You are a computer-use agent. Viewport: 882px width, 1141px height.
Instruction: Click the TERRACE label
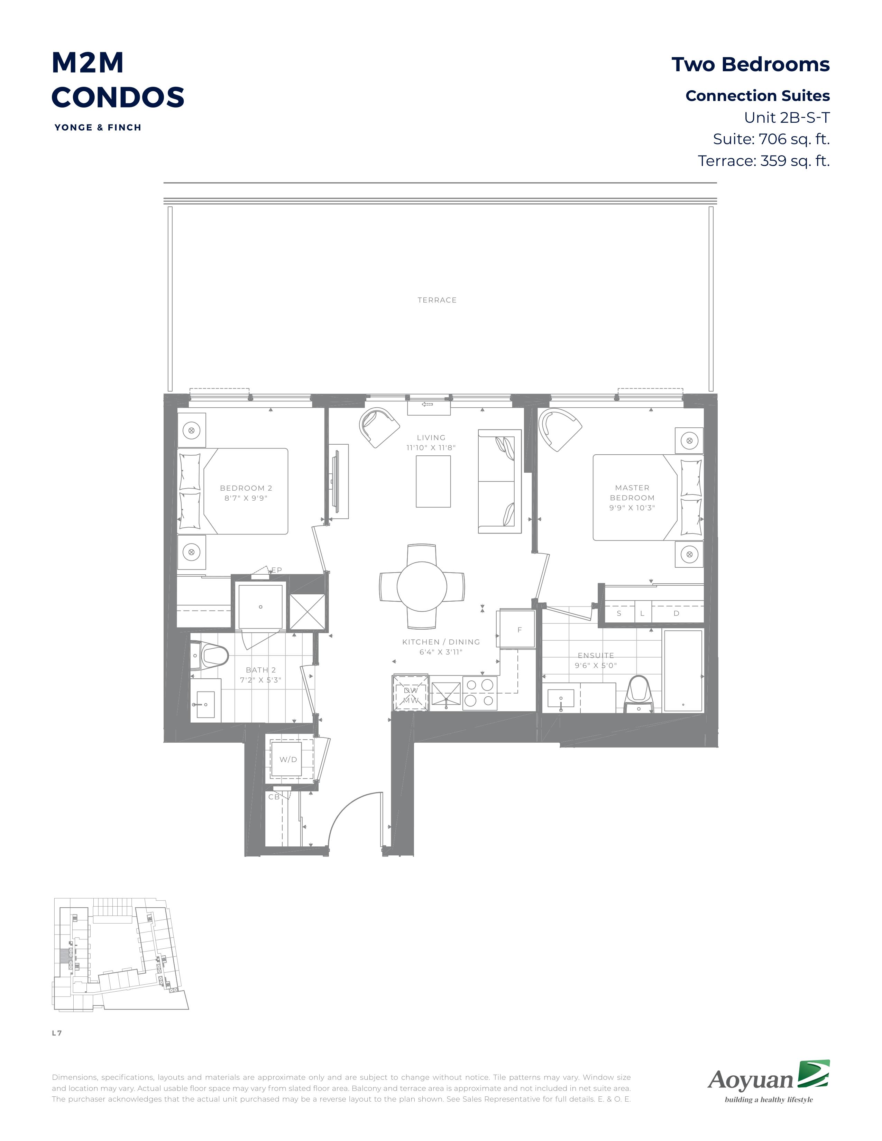coord(437,300)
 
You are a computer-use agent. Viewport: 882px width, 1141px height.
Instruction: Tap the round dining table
coord(422,586)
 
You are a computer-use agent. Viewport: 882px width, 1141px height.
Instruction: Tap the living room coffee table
coord(433,481)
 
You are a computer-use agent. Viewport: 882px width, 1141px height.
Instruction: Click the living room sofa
coord(499,481)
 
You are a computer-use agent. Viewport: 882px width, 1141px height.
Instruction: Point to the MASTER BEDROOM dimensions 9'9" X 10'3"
coord(632,508)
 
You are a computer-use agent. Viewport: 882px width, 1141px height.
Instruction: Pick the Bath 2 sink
coord(203,704)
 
